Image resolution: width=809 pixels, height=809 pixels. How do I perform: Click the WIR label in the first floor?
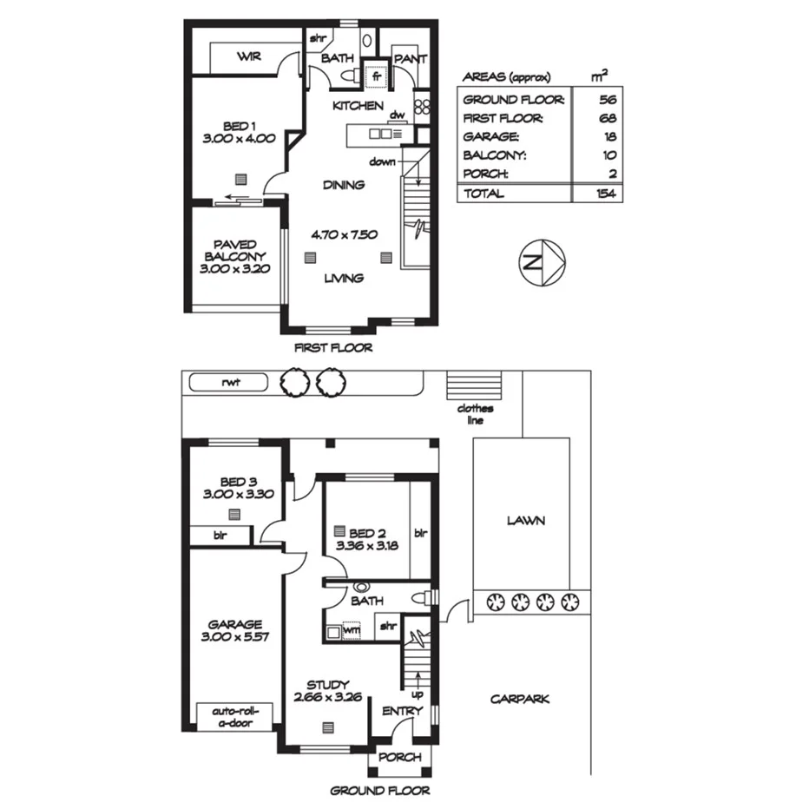coord(250,57)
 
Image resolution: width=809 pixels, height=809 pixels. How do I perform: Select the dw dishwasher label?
coord(398,115)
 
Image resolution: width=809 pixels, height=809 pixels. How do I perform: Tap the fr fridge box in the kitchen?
coord(377,76)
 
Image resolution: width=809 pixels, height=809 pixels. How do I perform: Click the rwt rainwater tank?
coord(229,381)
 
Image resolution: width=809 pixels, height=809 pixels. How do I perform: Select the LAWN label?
coord(525,521)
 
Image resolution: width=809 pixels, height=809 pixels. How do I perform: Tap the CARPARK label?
coord(519,699)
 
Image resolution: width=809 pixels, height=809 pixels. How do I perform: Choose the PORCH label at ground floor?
coord(400,757)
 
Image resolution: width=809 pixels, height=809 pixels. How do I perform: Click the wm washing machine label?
coord(352,631)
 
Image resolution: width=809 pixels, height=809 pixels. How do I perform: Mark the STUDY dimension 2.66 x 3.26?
coord(327,696)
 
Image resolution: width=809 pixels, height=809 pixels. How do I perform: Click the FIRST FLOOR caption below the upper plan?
coord(334,348)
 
